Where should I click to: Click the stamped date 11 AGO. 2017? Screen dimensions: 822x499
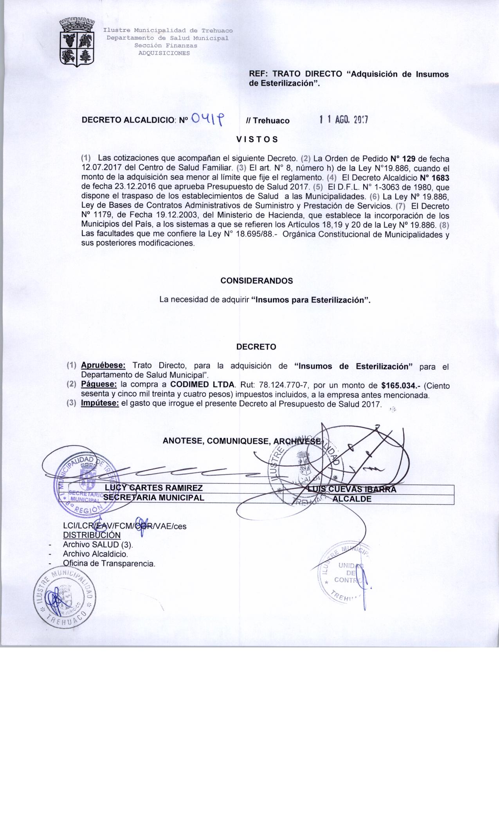point(344,120)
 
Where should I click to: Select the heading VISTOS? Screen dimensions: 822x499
point(257,139)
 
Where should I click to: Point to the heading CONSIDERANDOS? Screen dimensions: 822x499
point(256,281)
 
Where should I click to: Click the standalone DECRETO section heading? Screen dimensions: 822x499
point(256,347)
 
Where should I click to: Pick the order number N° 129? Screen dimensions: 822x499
point(403,159)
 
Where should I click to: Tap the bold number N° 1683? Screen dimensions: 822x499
point(434,178)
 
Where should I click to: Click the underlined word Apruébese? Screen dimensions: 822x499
point(103,366)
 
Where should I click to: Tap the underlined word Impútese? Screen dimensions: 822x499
point(100,403)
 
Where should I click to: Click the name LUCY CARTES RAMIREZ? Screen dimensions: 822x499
point(154,488)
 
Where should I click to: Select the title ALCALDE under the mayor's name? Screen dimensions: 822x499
point(351,499)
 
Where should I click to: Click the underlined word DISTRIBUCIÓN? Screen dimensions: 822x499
point(92,535)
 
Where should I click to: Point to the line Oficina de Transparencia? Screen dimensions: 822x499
point(109,564)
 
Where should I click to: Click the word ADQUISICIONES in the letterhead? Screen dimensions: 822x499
point(164,53)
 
